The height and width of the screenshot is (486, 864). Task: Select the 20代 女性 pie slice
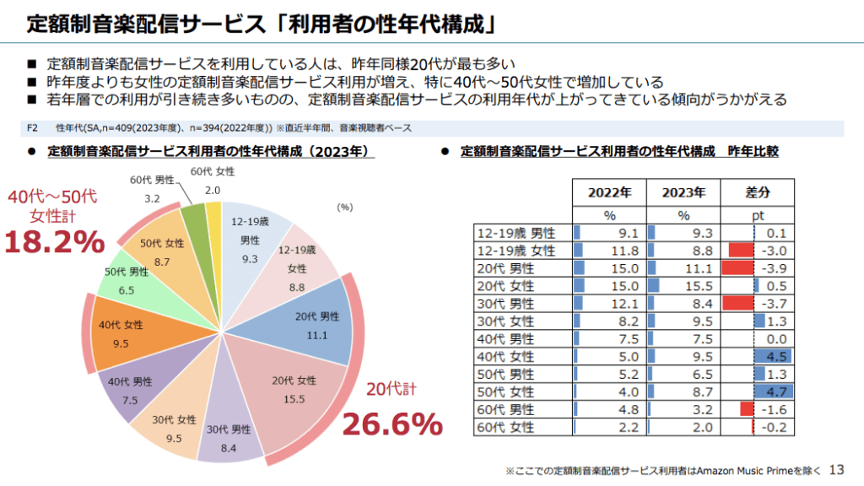(287, 392)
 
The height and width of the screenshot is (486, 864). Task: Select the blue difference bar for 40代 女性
(771, 356)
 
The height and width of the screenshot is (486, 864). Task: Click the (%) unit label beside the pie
(344, 206)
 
